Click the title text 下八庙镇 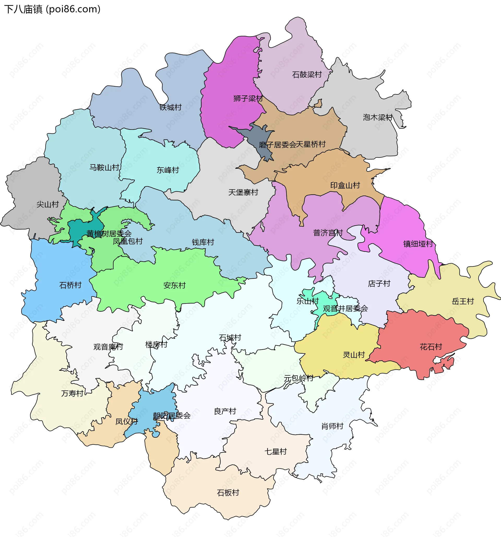click(x=23, y=9)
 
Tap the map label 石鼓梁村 click(x=307, y=75)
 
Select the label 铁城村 click(x=170, y=107)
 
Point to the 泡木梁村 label click(x=377, y=117)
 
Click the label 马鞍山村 click(x=104, y=167)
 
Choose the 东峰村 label click(x=168, y=170)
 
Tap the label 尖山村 click(x=47, y=204)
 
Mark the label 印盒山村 click(x=345, y=185)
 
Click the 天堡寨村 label click(x=243, y=192)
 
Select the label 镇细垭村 click(x=418, y=244)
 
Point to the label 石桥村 click(x=70, y=285)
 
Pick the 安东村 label click(x=174, y=285)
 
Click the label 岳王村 click(x=463, y=301)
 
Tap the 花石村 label click(x=431, y=347)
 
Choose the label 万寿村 click(x=72, y=394)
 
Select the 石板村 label click(x=228, y=493)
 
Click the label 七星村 click(x=276, y=452)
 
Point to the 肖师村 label click(x=332, y=426)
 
